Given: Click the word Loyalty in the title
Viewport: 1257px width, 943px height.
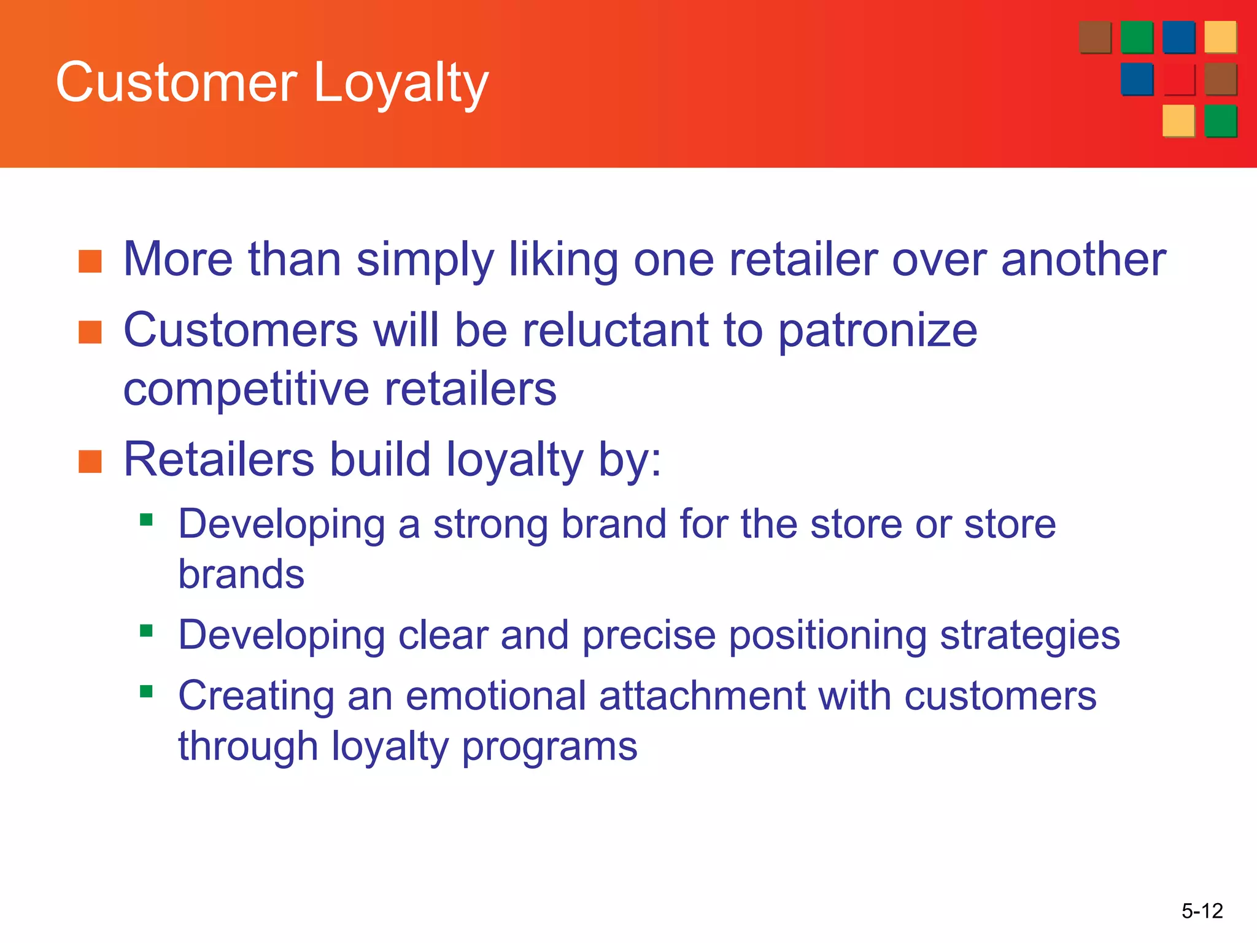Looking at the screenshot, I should click(x=400, y=83).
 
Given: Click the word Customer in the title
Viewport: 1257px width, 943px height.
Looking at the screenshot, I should click(x=177, y=83).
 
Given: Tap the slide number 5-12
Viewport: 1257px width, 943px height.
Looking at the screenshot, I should click(x=1202, y=910).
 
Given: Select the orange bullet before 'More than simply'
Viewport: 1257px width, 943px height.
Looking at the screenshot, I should click(x=90, y=261).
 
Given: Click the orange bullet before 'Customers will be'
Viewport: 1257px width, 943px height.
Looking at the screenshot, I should click(x=90, y=332).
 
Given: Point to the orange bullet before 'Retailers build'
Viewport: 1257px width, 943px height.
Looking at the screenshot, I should click(x=90, y=462).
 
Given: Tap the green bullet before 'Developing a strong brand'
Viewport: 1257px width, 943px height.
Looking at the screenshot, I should click(x=146, y=521).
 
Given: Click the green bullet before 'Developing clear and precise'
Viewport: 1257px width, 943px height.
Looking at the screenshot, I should click(x=146, y=631).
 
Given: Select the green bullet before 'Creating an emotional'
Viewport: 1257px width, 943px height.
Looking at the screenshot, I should click(x=146, y=692).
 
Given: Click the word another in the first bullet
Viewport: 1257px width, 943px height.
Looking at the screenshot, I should click(x=1083, y=260).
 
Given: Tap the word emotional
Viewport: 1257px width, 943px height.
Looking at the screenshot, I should click(x=495, y=696).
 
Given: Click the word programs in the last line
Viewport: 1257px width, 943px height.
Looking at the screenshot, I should click(x=549, y=747).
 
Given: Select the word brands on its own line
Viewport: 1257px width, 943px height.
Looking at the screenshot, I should click(x=241, y=575).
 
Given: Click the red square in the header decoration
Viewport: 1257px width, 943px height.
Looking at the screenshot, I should click(x=1178, y=79).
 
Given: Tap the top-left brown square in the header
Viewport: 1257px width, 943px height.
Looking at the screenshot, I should click(x=1095, y=37).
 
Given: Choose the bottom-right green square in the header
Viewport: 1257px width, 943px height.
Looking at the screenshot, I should click(x=1220, y=121).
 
